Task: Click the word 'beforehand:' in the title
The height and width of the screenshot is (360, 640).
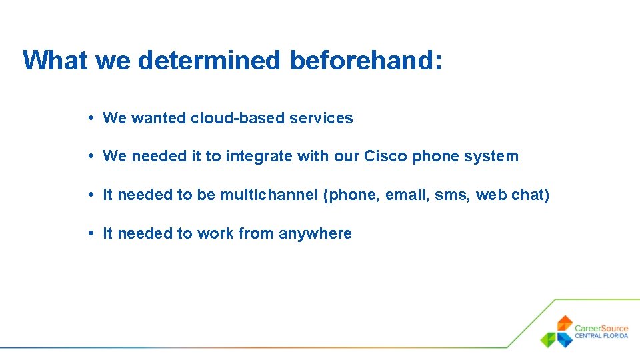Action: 366,60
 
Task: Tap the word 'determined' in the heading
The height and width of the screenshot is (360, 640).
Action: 209,60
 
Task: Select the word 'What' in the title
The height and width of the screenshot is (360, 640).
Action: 55,60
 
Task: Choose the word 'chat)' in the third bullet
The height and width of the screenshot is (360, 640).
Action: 531,195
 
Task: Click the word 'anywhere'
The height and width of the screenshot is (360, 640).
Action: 315,233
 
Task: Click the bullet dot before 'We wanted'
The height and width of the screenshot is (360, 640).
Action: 90,118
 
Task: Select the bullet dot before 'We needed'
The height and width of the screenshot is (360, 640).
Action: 90,156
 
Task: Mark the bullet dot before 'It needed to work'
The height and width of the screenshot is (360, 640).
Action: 90,233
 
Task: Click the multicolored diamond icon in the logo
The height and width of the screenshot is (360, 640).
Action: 557,331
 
